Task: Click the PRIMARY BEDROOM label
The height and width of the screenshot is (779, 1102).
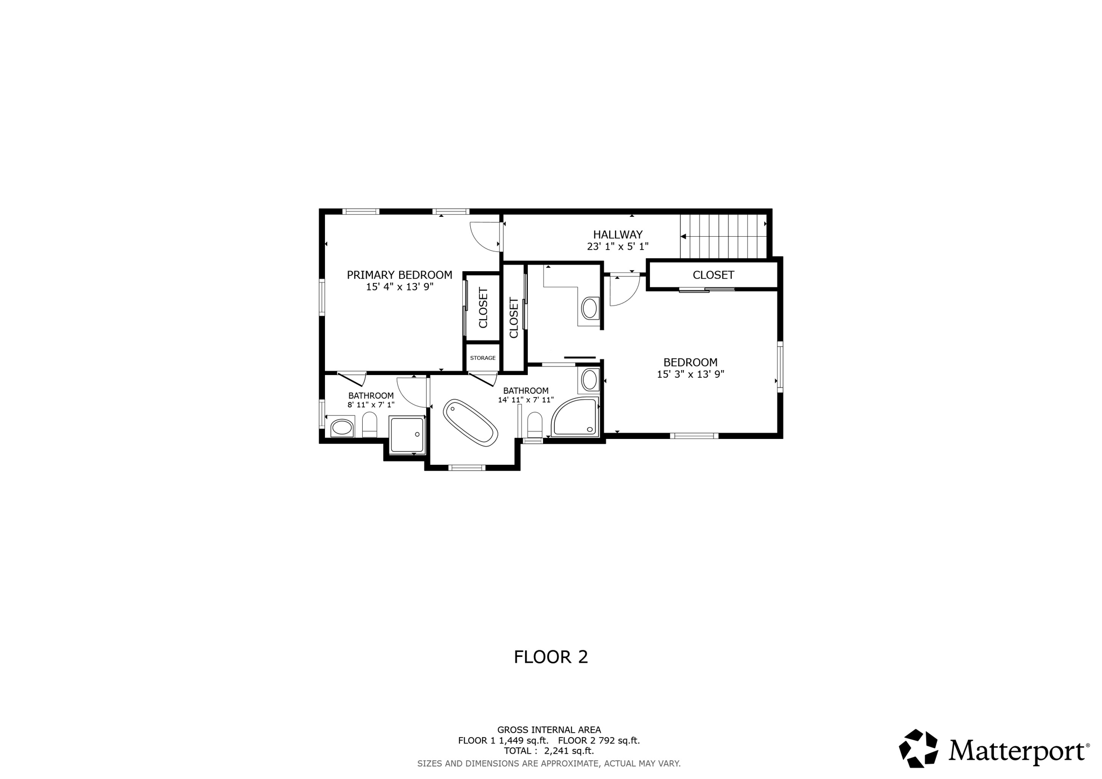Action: [399, 275]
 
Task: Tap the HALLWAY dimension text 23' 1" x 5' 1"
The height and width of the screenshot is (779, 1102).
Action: [618, 247]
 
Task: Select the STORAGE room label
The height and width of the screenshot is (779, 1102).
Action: [483, 358]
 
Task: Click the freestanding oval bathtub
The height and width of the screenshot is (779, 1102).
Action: [470, 423]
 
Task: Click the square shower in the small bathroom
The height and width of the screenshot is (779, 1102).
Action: [407, 435]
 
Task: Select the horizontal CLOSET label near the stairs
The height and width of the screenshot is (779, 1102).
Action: [713, 275]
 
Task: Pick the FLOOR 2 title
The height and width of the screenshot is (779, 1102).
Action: [550, 657]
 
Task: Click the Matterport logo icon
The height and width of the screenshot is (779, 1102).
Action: [918, 748]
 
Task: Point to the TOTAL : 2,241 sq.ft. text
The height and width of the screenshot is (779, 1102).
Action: [549, 751]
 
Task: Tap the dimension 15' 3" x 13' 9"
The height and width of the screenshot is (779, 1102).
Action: [690, 374]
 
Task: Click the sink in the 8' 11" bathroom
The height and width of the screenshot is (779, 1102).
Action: [341, 428]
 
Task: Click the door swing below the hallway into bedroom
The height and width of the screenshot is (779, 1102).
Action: [624, 291]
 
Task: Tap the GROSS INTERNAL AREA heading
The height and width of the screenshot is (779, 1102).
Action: [549, 730]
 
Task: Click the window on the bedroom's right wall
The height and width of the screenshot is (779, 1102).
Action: [780, 366]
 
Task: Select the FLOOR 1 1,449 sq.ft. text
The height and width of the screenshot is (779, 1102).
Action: [503, 741]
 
